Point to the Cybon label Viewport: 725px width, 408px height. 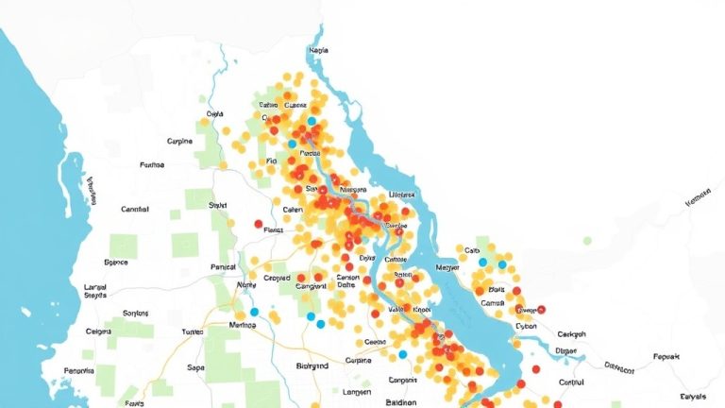click(526, 325)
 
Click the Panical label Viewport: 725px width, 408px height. click(223, 267)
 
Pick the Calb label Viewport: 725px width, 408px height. click(473, 250)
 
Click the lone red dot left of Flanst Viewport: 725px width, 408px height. click(259, 224)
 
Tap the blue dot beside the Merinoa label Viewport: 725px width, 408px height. click(254, 312)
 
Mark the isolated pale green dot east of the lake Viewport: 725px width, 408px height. click(587, 241)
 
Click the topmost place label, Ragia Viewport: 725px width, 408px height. click(318, 50)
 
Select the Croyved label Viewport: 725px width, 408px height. click(277, 279)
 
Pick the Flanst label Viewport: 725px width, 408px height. click(274, 229)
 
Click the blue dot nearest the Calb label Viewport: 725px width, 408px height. click(483, 262)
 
